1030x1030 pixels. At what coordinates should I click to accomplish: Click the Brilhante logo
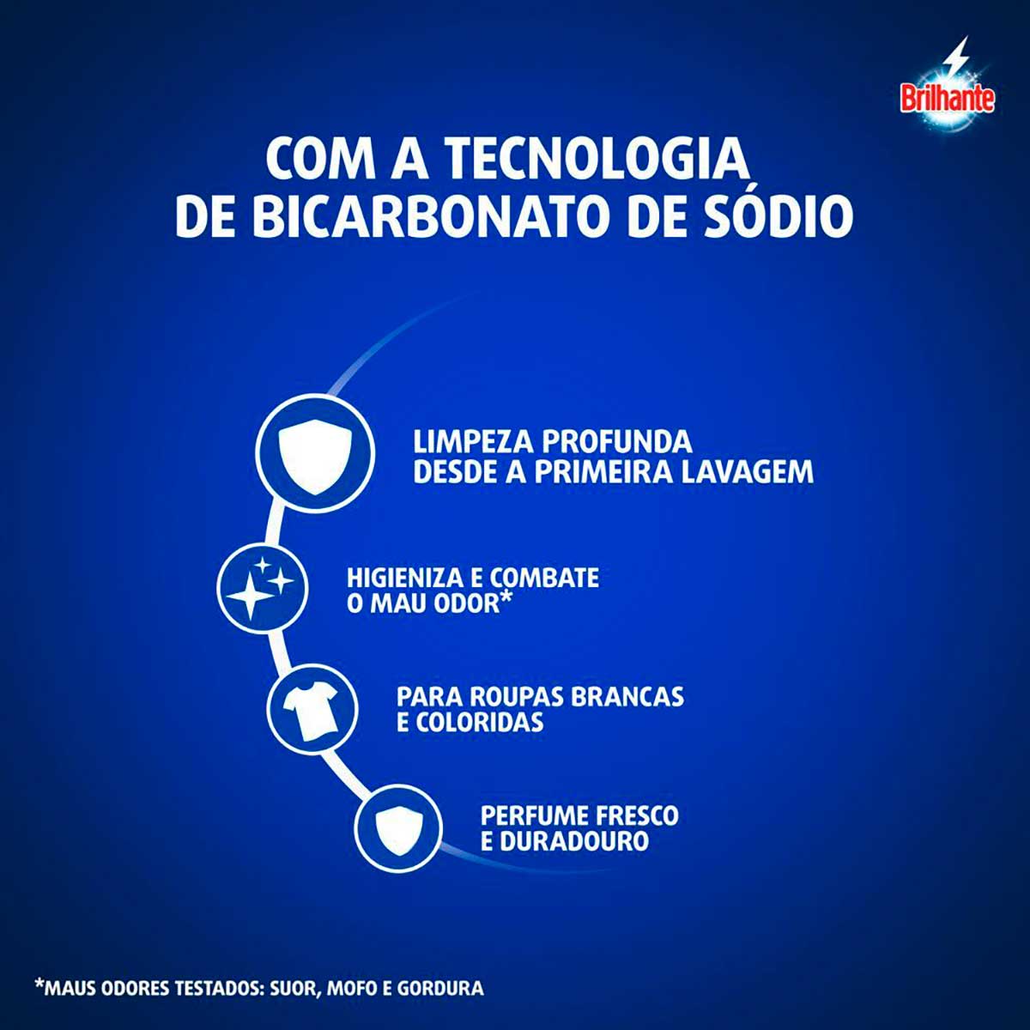pos(947,98)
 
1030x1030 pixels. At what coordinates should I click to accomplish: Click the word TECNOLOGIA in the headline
pos(597,158)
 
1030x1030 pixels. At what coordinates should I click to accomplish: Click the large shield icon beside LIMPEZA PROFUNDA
pos(314,451)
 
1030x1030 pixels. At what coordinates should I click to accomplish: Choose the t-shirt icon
pos(312,712)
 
